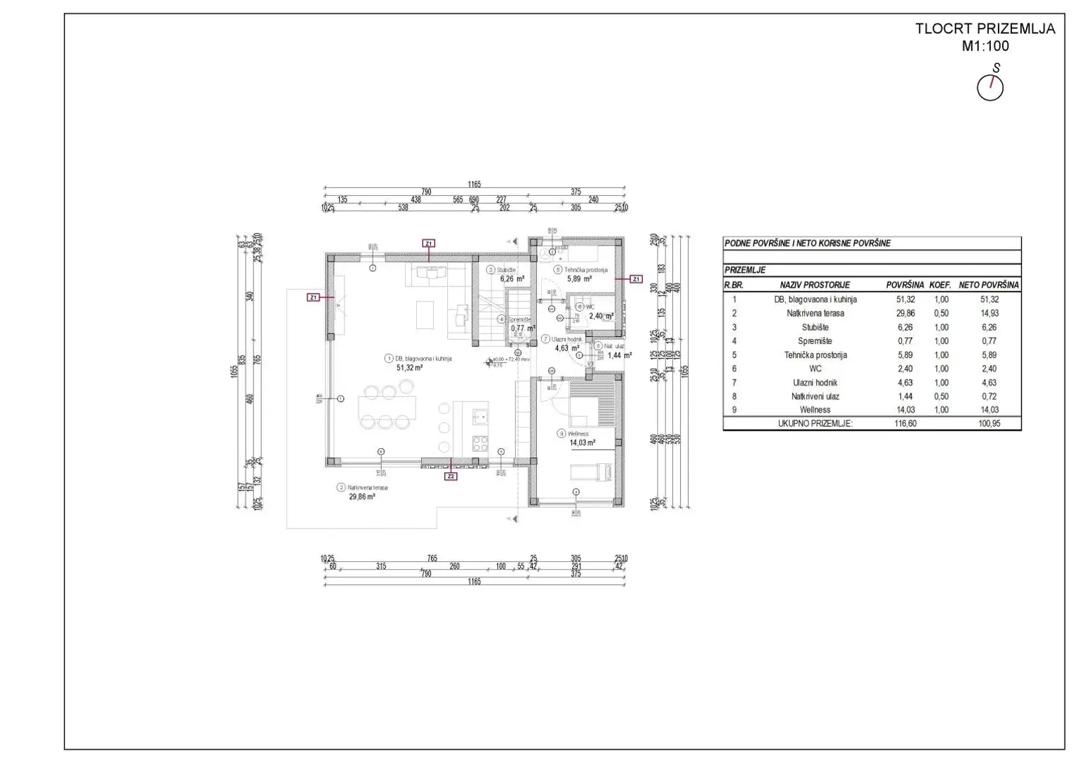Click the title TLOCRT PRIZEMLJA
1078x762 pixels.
(x=985, y=29)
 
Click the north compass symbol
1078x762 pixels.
(x=990, y=88)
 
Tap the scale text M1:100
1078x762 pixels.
(x=985, y=46)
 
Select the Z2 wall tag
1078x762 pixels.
(x=451, y=476)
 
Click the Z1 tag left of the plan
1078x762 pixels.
(x=314, y=298)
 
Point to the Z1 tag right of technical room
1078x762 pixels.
(x=636, y=279)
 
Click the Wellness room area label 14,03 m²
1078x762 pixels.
(x=581, y=443)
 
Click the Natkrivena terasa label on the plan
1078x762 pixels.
(x=367, y=487)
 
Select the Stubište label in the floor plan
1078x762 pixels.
(x=506, y=269)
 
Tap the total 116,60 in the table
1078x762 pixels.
(x=905, y=424)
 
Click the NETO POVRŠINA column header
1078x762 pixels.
(x=989, y=286)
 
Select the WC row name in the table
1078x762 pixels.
(x=815, y=369)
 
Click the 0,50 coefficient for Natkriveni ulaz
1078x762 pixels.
(x=940, y=396)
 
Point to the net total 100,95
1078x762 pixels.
(x=989, y=424)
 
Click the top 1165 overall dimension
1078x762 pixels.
(x=474, y=185)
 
